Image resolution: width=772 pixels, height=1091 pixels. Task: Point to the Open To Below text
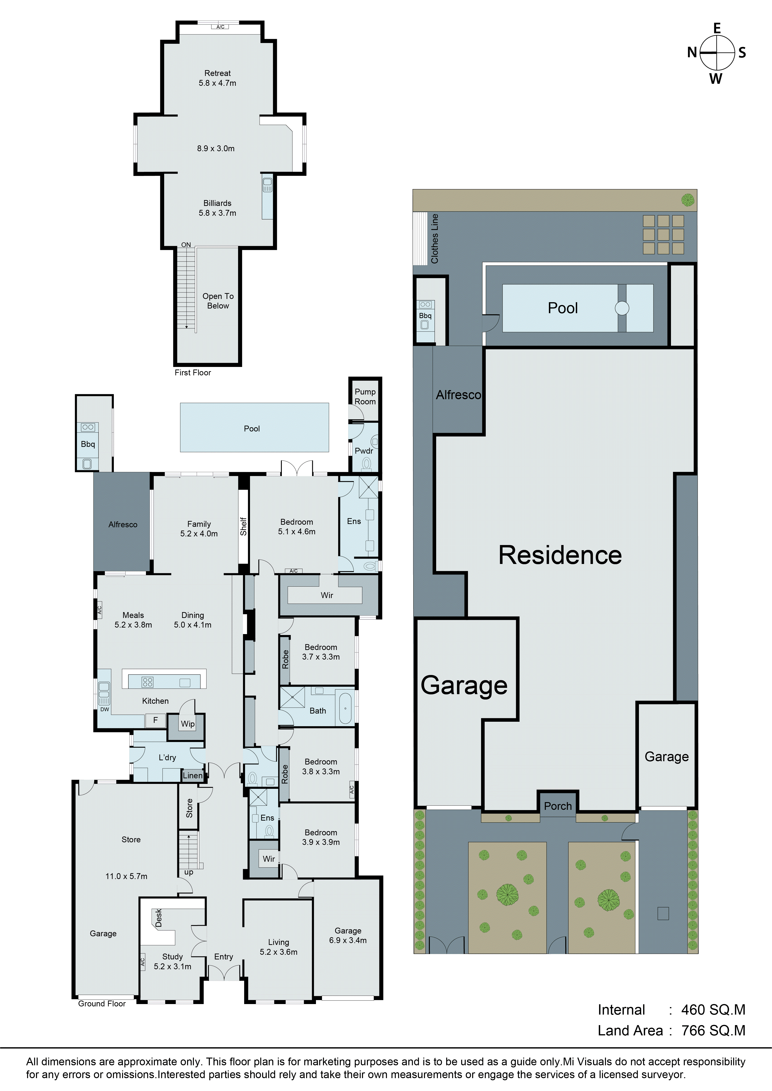218,301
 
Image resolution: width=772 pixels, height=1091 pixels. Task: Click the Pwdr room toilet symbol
366,463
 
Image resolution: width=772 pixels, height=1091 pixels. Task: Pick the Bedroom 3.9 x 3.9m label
321,837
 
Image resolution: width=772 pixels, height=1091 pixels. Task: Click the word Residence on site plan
560,555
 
